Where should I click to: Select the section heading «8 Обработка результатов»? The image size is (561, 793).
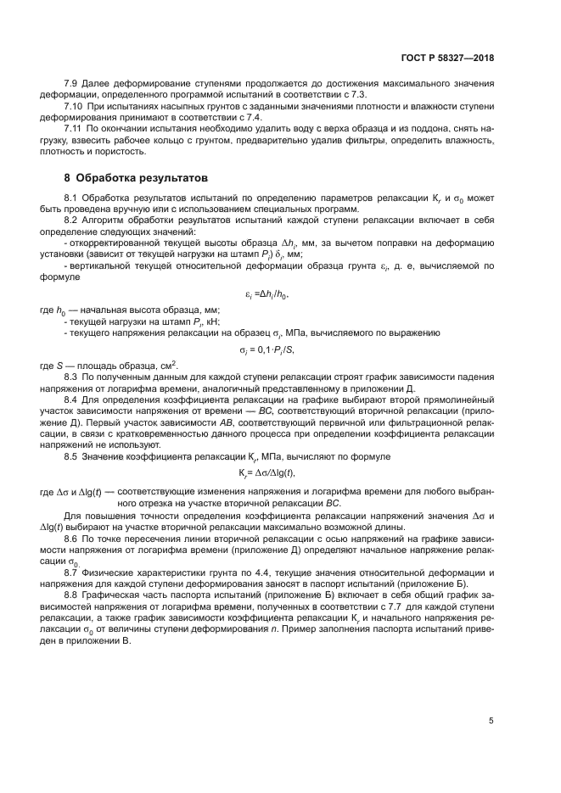tap(135, 180)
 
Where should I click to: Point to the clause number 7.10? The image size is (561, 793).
tap(74, 109)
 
